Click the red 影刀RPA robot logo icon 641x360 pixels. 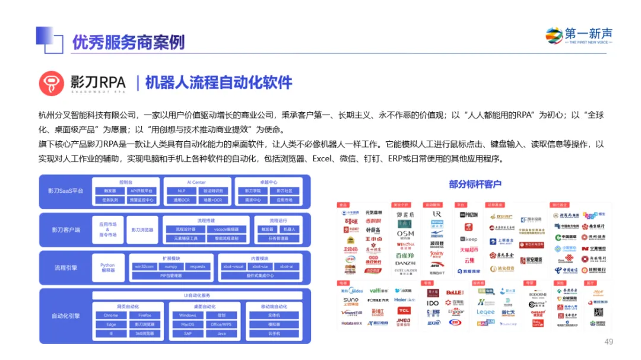point(51,84)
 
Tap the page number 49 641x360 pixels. point(608,342)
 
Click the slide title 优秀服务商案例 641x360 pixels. point(128,42)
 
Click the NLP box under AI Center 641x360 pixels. point(177,191)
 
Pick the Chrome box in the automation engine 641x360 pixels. point(111,316)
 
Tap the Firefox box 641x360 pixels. point(144,316)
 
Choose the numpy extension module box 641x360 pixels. point(171,267)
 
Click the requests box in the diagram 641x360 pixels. point(198,267)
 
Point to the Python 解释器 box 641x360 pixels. point(107,267)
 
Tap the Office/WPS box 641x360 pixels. point(221,324)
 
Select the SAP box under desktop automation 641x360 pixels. point(188,333)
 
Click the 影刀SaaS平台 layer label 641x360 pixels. point(66,191)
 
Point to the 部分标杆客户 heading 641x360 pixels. point(475,184)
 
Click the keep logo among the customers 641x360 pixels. point(469,240)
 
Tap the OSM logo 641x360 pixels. point(405,234)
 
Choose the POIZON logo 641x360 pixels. point(469,215)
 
